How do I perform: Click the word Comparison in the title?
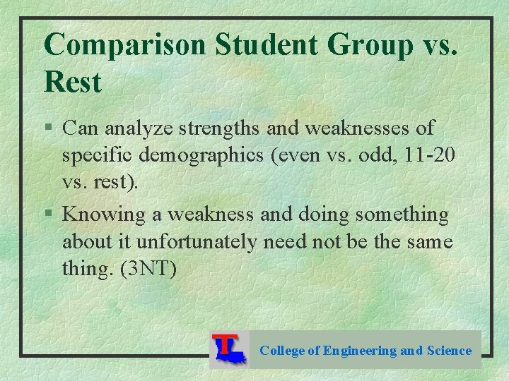coord(124,45)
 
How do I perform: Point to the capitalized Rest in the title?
coord(73,83)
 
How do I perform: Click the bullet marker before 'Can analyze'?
coord(48,128)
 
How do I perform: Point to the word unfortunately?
coord(197,241)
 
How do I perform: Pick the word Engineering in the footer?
coord(360,351)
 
